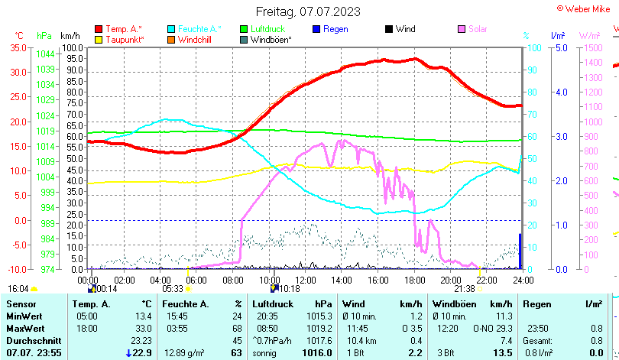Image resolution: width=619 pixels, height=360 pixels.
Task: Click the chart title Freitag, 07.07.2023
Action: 309,12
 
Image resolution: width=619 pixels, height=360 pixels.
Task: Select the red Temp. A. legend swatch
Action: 99,29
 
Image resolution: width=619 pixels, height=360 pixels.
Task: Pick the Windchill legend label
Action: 195,40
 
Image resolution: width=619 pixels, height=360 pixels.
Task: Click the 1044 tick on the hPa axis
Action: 45,54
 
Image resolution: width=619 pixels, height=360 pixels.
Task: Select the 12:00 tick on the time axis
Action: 306,280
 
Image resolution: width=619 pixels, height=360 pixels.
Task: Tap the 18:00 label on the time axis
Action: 414,280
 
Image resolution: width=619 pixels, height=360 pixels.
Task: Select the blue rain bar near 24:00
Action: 520,251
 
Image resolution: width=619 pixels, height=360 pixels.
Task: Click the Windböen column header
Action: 452,304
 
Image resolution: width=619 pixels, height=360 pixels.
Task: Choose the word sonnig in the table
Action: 265,352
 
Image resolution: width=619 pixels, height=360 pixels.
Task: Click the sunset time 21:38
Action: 465,288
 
